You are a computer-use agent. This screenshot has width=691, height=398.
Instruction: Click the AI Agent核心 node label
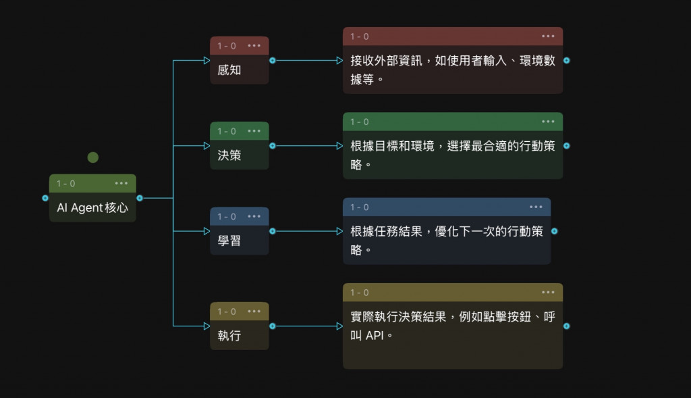[92, 208]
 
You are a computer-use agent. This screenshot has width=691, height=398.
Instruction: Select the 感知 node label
[229, 70]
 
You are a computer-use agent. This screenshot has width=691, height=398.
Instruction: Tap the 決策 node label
[229, 155]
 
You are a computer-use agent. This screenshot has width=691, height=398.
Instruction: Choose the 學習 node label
[229, 241]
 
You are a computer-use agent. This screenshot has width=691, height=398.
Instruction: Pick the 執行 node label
[229, 335]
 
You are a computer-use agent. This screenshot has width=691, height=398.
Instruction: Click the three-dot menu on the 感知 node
[254, 46]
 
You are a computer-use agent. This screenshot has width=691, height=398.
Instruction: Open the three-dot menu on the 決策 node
[254, 131]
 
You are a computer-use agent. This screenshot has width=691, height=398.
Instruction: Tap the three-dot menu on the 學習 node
[254, 217]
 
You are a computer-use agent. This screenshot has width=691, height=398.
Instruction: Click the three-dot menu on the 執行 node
[254, 312]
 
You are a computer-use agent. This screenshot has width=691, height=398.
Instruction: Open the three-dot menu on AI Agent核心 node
[121, 183]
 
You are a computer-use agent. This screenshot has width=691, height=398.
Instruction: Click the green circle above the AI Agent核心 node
[93, 157]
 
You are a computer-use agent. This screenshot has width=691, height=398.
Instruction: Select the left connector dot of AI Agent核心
[45, 198]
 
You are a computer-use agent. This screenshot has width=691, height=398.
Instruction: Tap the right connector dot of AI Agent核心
[140, 198]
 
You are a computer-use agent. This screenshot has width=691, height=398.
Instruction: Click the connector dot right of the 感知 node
[273, 60]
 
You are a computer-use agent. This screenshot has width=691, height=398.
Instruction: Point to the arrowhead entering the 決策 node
[207, 145]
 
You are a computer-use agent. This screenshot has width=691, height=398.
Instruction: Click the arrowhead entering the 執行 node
[207, 326]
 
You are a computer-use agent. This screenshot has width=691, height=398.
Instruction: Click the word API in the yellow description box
[376, 335]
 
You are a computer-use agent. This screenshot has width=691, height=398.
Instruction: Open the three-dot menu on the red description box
[548, 36]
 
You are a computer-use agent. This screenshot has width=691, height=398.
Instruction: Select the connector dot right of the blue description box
[554, 231]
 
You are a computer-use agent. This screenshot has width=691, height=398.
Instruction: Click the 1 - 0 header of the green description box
[360, 122]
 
